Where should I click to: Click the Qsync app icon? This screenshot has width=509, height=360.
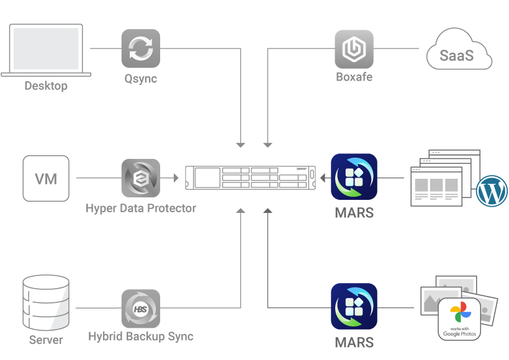[140, 48]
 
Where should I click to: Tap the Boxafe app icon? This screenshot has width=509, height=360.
[354, 48]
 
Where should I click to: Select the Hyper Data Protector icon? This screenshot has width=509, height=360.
[140, 179]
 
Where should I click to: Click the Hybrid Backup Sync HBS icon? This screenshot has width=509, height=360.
[140, 308]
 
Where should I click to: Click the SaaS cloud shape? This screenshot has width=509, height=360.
[459, 55]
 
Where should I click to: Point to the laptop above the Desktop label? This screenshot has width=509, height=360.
[46, 50]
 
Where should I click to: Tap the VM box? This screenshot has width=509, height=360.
[46, 179]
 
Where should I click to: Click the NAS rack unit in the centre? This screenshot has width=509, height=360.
[251, 178]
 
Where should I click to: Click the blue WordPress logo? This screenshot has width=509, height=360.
[492, 191]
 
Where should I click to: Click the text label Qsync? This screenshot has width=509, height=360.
[140, 79]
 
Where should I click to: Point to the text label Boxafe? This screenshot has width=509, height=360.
[354, 78]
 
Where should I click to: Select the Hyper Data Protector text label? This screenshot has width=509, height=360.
[140, 209]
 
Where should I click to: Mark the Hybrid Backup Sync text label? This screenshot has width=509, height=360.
[140, 337]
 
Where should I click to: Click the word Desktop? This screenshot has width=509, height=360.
[46, 86]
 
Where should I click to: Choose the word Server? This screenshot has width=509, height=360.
[46, 340]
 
